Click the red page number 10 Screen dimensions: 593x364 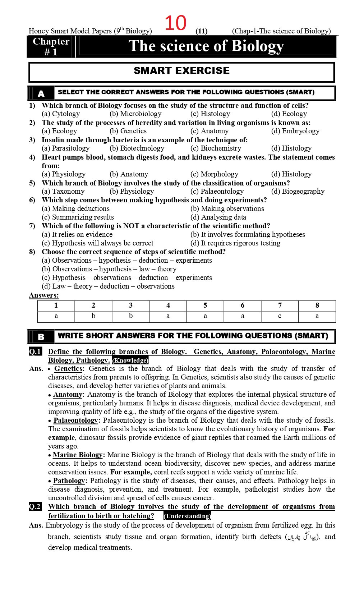click(x=176, y=23)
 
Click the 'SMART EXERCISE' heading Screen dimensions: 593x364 click(x=181, y=71)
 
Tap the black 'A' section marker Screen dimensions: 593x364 click(x=41, y=93)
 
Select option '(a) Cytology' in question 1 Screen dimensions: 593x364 click(x=61, y=114)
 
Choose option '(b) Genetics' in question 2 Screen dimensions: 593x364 click(x=128, y=131)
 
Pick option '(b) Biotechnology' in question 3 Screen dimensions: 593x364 click(x=137, y=148)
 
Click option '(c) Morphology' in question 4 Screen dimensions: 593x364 click(x=214, y=174)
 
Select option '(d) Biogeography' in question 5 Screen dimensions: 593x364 click(x=298, y=192)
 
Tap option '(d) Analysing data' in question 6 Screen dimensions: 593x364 click(x=218, y=217)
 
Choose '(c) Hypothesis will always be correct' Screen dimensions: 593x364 click(x=97, y=243)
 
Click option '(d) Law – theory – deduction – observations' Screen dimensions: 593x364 click(x=108, y=286)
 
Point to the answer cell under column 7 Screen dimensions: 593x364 click(x=280, y=316)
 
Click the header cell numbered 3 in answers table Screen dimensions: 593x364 click(x=131, y=305)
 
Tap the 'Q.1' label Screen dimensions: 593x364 click(x=35, y=352)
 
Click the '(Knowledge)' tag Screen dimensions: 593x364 click(x=130, y=360)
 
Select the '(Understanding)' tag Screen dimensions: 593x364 click(x=187, y=516)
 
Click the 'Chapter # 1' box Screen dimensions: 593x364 click(x=51, y=47)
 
